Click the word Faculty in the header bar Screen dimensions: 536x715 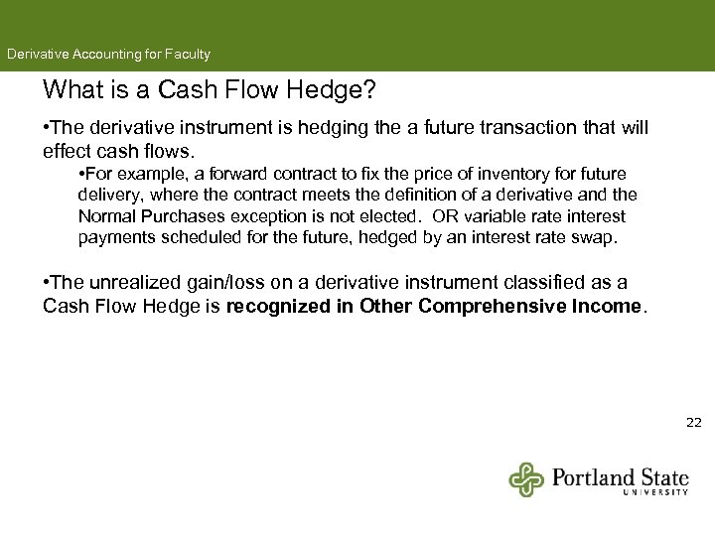pos(187,55)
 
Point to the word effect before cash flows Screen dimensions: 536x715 pos(68,152)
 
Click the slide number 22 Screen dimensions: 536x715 pos(693,423)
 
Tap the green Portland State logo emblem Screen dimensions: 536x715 pos(526,478)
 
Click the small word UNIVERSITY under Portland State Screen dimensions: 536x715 pos(655,491)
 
